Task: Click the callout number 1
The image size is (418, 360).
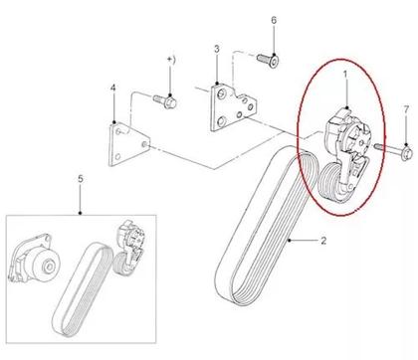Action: coord(345,75)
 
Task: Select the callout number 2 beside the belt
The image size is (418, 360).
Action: coord(323,241)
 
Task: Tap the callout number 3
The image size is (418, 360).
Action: coord(217,49)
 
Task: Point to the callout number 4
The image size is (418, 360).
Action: coord(113,88)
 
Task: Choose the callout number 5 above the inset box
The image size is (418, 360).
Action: coord(81,179)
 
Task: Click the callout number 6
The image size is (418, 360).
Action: coord(274,20)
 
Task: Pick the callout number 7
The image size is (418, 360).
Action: coord(406,109)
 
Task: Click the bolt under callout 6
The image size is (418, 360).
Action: coord(268,60)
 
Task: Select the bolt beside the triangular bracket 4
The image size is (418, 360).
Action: coord(165,100)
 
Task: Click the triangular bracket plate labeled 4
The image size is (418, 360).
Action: coord(128,144)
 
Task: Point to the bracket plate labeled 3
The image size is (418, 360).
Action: coord(232,106)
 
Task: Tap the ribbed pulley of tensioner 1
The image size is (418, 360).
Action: coord(330,182)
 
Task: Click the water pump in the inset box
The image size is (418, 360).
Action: coord(34,259)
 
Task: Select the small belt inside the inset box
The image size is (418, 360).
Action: coord(82,288)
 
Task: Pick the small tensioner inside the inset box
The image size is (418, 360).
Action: coord(129,248)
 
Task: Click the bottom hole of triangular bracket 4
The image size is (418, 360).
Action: coord(117,157)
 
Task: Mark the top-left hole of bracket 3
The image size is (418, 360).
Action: coord(221,94)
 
